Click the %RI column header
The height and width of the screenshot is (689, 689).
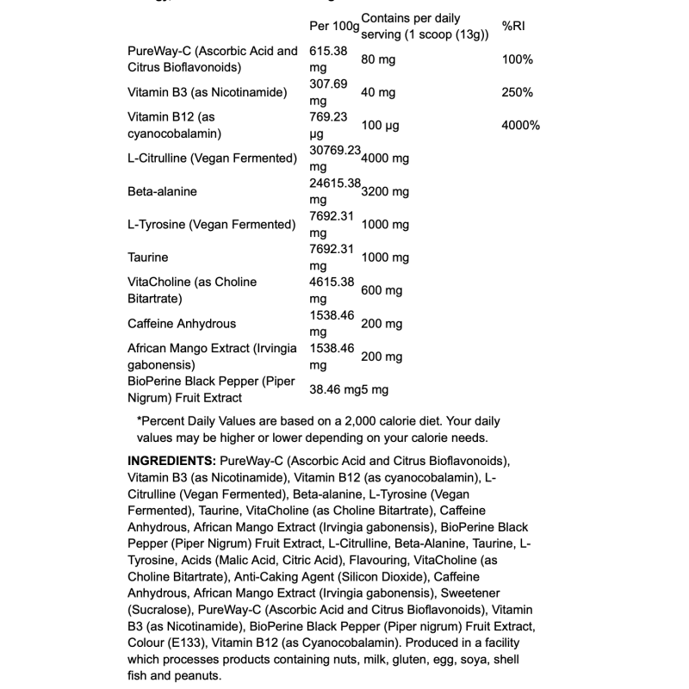coord(513,27)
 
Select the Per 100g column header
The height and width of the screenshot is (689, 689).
coord(335,27)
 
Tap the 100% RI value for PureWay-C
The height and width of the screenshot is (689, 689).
coord(517,59)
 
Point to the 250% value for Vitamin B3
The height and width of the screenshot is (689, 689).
coord(517,92)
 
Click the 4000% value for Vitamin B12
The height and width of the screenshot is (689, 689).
coord(520,125)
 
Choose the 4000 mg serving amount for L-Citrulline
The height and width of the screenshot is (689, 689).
coord(385,158)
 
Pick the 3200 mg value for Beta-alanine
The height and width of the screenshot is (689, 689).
coord(385,191)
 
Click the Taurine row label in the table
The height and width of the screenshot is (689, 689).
coord(147,257)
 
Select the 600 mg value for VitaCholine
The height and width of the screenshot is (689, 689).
coord(382,290)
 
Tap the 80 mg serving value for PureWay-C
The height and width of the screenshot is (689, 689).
coord(378,59)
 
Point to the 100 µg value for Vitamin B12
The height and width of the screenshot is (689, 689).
coord(381,125)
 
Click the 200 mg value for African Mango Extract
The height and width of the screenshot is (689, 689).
coord(382,357)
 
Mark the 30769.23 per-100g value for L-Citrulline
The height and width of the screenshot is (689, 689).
coord(335,150)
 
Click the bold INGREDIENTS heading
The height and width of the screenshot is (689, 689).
coord(171,461)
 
